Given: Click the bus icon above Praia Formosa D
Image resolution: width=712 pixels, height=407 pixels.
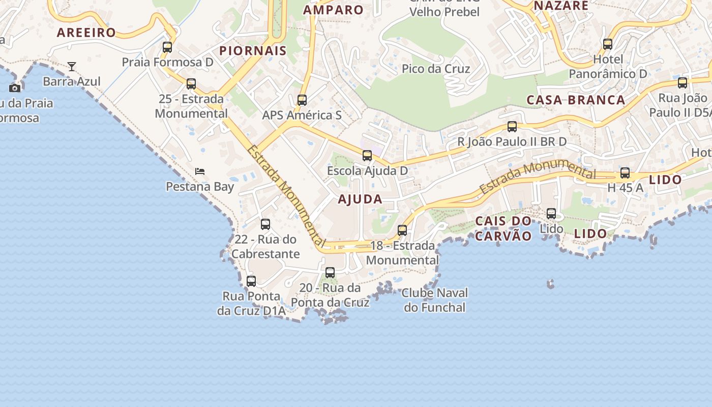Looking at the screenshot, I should (167, 47).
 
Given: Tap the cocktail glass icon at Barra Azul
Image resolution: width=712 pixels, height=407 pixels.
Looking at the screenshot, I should (72, 66).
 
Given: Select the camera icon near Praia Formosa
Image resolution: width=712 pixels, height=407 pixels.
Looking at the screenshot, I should (15, 88).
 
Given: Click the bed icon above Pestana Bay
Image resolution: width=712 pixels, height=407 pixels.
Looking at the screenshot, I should (200, 171).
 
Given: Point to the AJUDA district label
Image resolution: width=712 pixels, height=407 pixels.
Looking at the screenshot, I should (360, 199).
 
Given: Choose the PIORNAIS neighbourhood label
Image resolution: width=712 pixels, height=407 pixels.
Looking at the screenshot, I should (253, 51).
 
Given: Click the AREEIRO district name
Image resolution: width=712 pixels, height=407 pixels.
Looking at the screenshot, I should (86, 33).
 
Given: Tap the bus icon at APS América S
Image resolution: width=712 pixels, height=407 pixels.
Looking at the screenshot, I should (302, 100).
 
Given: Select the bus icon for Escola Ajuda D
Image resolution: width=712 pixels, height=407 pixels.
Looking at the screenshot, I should (367, 156).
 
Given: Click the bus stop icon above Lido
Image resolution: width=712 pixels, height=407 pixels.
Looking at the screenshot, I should (551, 214).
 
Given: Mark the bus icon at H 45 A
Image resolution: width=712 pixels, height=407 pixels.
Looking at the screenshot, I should (625, 173).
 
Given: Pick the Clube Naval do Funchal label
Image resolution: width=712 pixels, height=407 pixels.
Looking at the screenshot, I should (434, 300).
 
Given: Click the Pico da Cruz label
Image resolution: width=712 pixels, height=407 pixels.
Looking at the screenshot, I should (436, 69).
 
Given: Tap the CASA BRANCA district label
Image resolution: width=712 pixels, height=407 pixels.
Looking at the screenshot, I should (576, 100).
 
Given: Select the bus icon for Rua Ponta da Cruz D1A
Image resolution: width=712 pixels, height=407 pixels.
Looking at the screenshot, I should (251, 281).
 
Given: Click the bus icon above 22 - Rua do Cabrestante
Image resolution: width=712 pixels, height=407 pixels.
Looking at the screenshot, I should (265, 224).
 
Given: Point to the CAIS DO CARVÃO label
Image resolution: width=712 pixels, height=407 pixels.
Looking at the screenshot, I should (503, 228).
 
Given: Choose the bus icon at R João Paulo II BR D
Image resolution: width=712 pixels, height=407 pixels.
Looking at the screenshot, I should (512, 127).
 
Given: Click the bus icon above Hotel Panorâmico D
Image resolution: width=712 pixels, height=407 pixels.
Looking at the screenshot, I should (608, 44).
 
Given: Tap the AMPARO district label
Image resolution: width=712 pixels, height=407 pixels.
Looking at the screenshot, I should (334, 10).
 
